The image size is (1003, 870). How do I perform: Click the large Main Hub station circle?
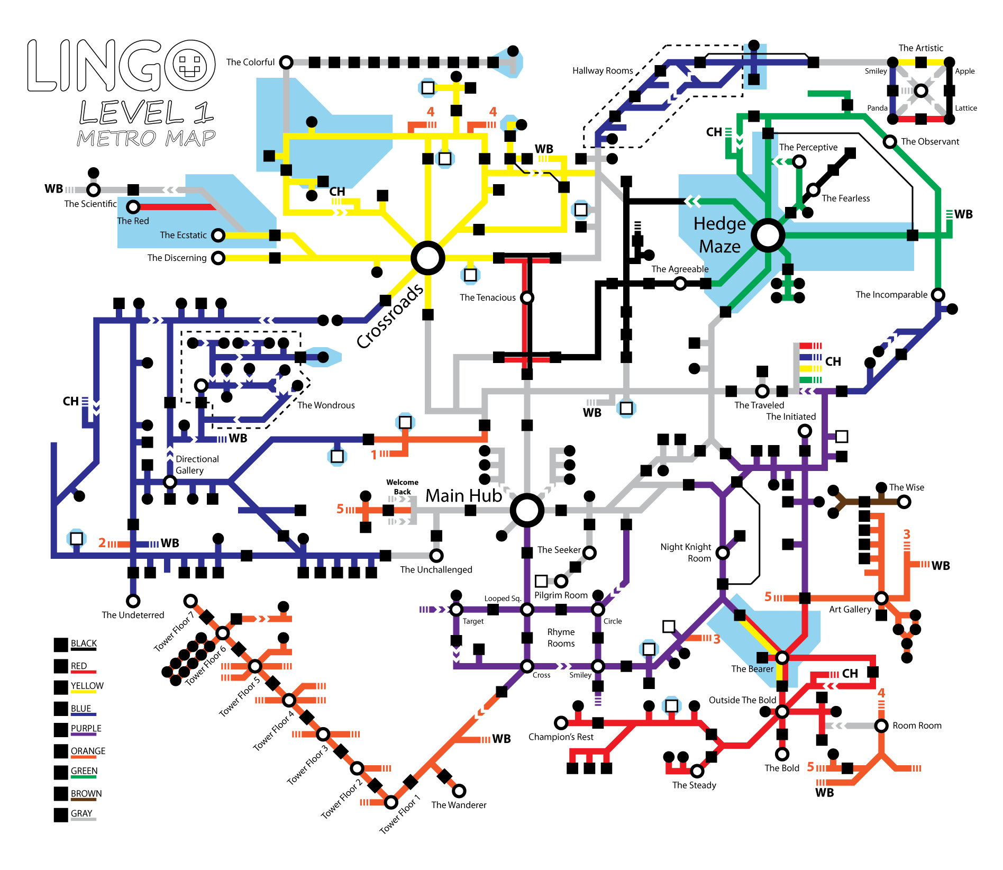click(527, 510)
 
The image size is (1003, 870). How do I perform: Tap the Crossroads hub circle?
click(428, 258)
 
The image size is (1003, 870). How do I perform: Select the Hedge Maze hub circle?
click(768, 235)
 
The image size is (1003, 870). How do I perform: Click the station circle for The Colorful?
click(286, 62)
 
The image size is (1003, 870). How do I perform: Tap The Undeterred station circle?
click(133, 601)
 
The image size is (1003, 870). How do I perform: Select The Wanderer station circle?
click(459, 791)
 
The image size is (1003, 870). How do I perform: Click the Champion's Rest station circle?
click(561, 722)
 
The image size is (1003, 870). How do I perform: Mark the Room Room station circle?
click(881, 726)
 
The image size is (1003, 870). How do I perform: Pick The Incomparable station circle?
click(938, 294)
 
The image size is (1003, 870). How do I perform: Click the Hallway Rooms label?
click(603, 70)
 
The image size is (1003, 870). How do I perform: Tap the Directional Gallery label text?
click(197, 465)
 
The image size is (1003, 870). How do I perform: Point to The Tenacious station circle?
click(527, 297)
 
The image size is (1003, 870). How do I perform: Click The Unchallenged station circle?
click(436, 556)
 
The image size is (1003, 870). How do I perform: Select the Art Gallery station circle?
click(881, 598)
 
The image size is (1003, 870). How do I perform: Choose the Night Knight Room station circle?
click(723, 553)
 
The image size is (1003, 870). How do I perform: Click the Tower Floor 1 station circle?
click(391, 802)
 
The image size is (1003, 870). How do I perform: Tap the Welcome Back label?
click(402, 487)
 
